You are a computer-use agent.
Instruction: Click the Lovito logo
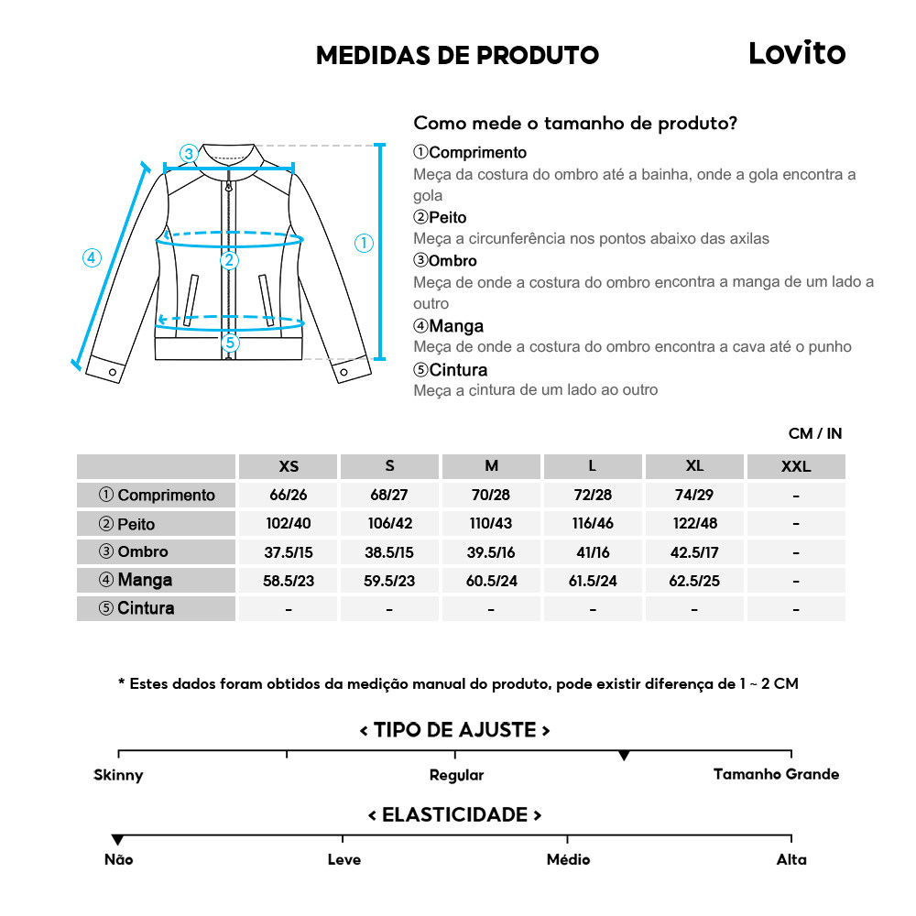tap(797, 52)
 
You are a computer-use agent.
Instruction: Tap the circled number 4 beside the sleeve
tap(91, 258)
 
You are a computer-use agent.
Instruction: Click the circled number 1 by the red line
tap(365, 244)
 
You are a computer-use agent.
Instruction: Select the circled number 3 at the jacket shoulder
tap(188, 153)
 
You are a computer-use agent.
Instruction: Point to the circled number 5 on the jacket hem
tap(230, 343)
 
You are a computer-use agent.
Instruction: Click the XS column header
tap(289, 466)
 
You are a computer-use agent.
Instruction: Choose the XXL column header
tap(795, 466)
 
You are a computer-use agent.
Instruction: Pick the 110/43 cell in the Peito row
tap(491, 524)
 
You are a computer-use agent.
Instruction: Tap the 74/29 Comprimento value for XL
tap(694, 495)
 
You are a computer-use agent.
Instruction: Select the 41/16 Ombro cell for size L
tap(593, 552)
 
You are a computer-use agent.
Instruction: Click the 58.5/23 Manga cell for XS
tap(289, 581)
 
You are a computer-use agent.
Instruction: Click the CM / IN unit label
tap(814, 433)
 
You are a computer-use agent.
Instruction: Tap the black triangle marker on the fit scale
tap(624, 756)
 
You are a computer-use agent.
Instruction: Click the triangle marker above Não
tap(117, 840)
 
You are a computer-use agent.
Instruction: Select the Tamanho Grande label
tap(776, 774)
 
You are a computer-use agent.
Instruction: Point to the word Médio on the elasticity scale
tap(568, 859)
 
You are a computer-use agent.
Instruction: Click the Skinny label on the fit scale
tap(118, 775)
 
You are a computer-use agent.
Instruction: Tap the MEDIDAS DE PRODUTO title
tap(457, 55)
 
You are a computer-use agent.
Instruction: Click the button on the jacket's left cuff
tap(114, 372)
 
